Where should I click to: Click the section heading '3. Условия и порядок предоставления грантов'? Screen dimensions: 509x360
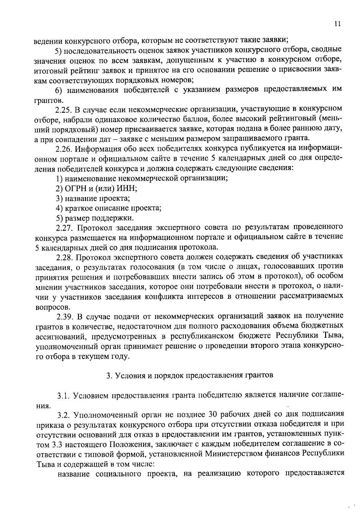(x=190, y=376)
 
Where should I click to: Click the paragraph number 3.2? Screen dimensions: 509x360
(x=64, y=415)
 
